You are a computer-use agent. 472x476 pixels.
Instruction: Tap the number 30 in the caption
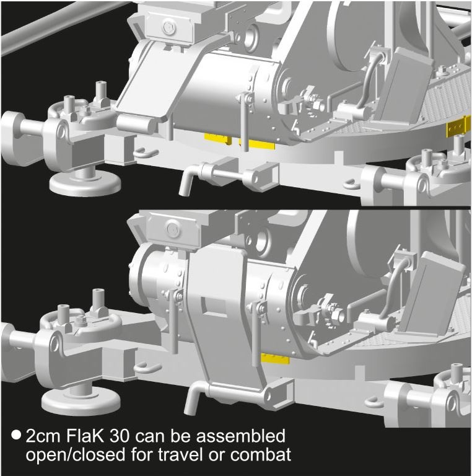click(x=120, y=436)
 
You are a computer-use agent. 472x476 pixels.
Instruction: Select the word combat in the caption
click(x=261, y=455)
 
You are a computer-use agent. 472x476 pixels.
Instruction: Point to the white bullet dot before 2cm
click(x=16, y=434)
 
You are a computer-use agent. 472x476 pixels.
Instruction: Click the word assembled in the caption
click(x=240, y=436)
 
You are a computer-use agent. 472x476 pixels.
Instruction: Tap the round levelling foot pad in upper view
click(x=85, y=183)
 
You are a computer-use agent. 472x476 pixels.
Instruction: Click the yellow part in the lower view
click(x=275, y=358)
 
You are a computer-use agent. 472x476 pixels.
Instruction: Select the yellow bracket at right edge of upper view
click(x=458, y=126)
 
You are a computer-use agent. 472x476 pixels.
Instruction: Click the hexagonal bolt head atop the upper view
click(x=168, y=28)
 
